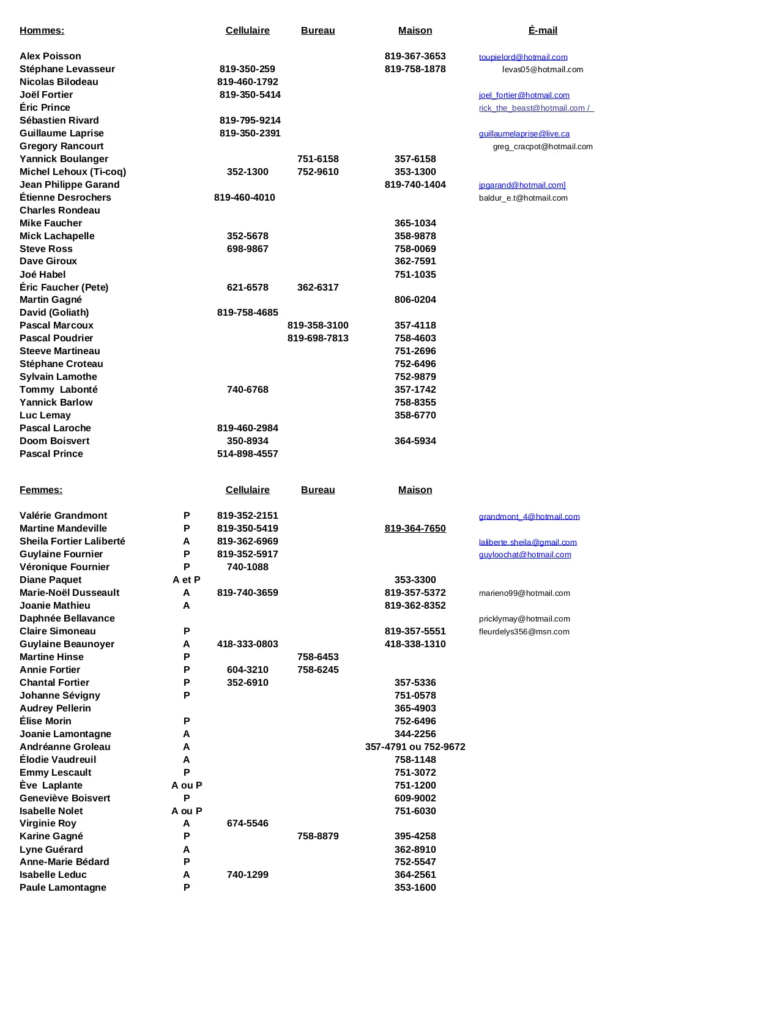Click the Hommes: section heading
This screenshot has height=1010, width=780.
tap(42, 31)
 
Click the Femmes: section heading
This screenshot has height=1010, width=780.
tap(41, 490)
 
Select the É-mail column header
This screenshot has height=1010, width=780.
tap(543, 31)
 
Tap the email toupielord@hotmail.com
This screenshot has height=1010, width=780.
tap(523, 57)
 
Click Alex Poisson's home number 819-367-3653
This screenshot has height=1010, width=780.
tap(415, 56)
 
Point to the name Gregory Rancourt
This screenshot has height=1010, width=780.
tap(61, 146)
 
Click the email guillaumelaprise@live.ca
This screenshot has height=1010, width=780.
tap(524, 133)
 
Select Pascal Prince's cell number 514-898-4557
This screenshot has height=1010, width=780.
tap(247, 454)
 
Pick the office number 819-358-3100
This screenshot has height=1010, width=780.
tap(318, 325)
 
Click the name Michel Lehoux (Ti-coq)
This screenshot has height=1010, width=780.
tap(73, 172)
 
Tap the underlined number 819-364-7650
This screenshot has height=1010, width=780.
tap(415, 529)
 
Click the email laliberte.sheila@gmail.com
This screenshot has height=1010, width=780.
tap(528, 542)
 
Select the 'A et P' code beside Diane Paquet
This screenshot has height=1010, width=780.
tap(187, 580)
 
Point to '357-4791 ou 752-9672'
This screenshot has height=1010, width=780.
tap(415, 747)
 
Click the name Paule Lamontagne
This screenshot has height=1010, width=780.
tap(63, 888)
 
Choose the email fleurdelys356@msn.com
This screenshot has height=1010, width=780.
tap(524, 631)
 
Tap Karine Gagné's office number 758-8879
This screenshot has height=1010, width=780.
tap(318, 836)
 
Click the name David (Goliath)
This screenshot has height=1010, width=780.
tap(54, 313)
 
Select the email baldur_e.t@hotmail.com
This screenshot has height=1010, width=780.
tap(523, 198)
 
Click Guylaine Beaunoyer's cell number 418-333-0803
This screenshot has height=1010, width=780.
tap(247, 644)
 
